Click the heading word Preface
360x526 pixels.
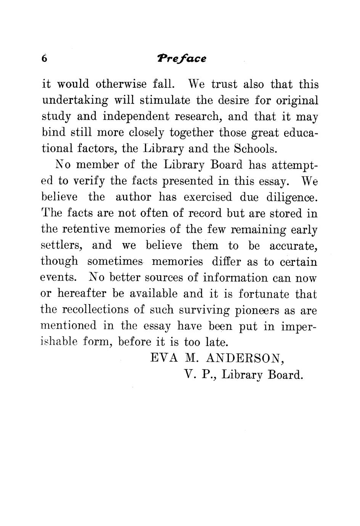[182, 59]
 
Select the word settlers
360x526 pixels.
[62, 246]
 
